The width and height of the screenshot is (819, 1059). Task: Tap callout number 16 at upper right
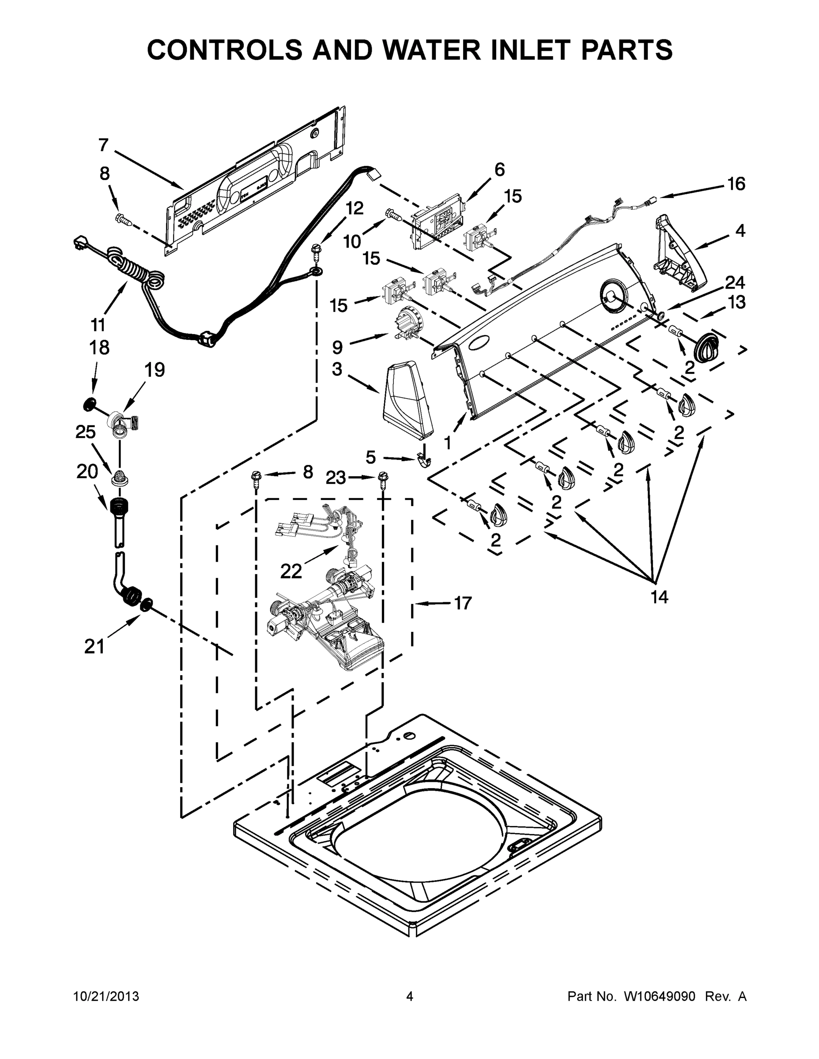tap(736, 184)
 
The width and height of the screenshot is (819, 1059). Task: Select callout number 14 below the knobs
tap(659, 597)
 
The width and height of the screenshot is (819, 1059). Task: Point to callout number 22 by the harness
tap(291, 572)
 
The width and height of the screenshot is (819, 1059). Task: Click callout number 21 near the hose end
tap(94, 646)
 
